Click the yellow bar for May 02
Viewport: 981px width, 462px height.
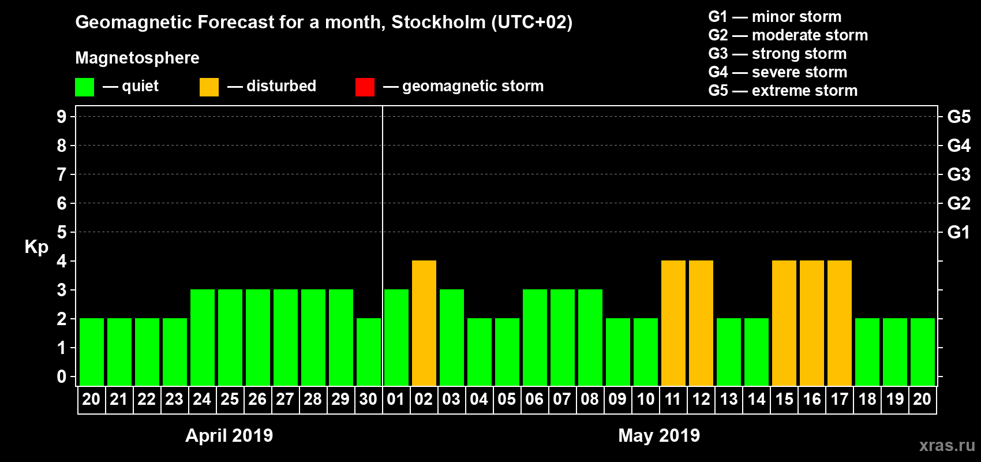click(424, 323)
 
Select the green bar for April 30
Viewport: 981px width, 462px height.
click(369, 352)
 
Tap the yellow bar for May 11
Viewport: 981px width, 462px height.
click(673, 323)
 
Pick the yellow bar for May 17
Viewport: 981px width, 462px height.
click(840, 323)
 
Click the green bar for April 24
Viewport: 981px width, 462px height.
click(203, 337)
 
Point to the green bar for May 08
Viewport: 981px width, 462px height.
click(590, 337)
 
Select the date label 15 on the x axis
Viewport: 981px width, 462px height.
click(784, 399)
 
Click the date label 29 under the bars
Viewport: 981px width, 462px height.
click(340, 399)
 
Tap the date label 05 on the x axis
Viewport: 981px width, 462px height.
click(507, 399)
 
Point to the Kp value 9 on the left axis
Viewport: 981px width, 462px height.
click(62, 117)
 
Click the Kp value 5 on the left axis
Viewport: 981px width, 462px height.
click(62, 232)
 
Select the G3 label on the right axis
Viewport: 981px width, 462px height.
click(958, 174)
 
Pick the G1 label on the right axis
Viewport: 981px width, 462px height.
click(958, 232)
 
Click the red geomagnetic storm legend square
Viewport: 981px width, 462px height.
click(365, 87)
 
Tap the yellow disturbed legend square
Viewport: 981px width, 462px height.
click(209, 87)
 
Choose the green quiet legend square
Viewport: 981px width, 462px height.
click(84, 87)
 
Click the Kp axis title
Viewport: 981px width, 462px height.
click(36, 247)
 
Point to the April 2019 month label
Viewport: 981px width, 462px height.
click(229, 435)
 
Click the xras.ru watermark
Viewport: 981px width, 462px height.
click(946, 445)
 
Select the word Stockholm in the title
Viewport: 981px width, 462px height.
click(439, 22)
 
